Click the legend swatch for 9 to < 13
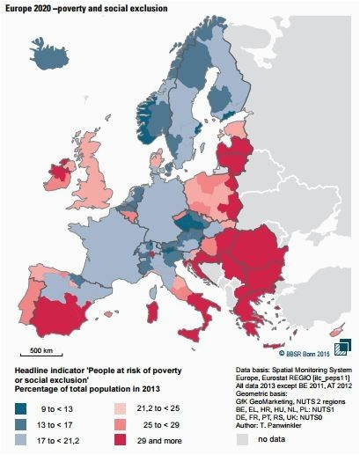pos(20,408)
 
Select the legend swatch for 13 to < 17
pos(20,424)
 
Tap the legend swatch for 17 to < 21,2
pos(20,440)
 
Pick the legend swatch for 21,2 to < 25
pos(120,408)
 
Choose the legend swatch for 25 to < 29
pos(120,424)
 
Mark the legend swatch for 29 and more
pos(120,440)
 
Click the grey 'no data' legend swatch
pos(242,439)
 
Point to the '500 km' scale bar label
pos(41,350)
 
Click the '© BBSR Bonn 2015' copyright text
pos(304,354)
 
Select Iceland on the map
pos(49,54)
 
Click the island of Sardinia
pos(153,312)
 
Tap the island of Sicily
pos(191,334)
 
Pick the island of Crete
pos(274,345)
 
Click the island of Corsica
pos(152,293)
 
